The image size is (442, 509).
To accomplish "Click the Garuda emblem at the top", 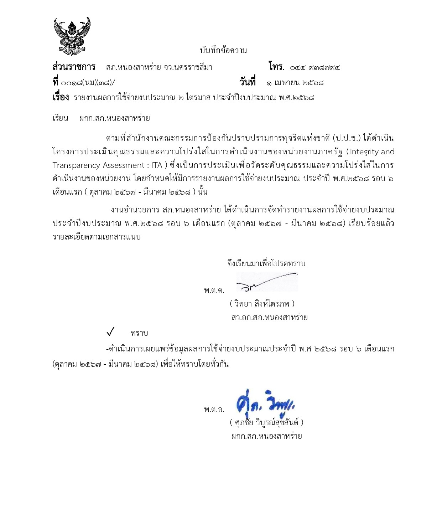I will coord(72,36).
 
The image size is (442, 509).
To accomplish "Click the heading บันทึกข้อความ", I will coord(223,51).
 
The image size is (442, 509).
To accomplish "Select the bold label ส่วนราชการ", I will coord(74,67).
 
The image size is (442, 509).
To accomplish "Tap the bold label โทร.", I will coord(276,67).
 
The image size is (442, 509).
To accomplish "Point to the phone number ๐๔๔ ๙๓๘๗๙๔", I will coord(314,67).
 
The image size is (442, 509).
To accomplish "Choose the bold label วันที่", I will coord(247,82).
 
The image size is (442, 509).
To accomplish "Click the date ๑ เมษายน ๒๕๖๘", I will coord(295,83).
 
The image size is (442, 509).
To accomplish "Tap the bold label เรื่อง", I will coord(61,97).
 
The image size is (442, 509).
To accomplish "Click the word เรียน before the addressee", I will coord(60,118).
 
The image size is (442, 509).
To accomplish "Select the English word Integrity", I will coord(364,152).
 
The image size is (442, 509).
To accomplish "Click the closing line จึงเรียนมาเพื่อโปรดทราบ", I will coord(266,264).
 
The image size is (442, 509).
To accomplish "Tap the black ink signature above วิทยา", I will coord(266,282).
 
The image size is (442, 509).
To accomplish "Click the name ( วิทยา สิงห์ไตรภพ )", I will coord(262,304).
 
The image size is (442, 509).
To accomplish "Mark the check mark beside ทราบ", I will coord(110,333).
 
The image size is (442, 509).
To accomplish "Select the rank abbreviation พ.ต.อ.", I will coord(214,410).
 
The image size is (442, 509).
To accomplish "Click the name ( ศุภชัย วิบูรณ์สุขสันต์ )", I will coord(266,423).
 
